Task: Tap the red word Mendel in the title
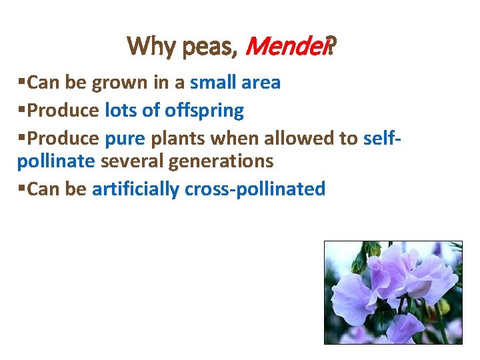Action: point(287,46)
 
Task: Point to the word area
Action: point(260,83)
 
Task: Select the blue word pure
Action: point(121,138)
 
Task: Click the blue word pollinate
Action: point(56,161)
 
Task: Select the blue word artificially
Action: point(135,189)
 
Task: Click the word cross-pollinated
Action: point(255,189)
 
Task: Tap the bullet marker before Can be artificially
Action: point(22,187)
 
